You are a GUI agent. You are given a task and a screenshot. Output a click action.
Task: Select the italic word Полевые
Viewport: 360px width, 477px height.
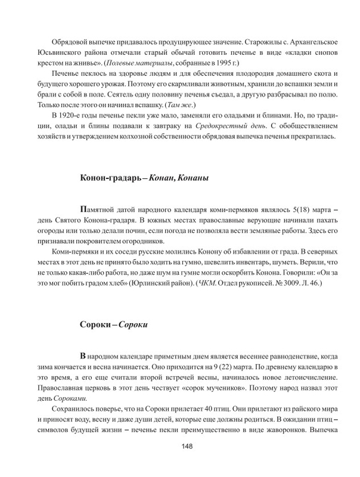coord(132,79)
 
